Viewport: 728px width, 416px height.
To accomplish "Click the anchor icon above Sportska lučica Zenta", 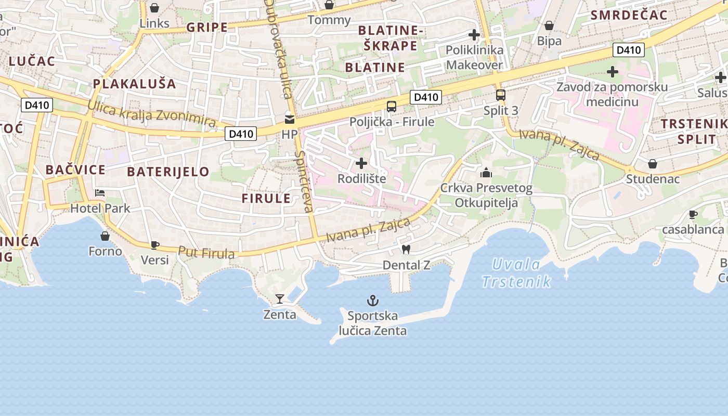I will [x=372, y=301].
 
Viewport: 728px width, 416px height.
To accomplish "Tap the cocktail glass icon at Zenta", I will [x=280, y=299].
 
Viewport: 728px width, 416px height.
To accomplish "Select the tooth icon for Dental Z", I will [x=406, y=250].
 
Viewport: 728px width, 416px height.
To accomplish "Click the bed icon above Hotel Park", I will [x=100, y=193].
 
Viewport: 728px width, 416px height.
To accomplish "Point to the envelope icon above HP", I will [x=289, y=120].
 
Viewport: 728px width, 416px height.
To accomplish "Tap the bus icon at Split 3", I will [x=500, y=95].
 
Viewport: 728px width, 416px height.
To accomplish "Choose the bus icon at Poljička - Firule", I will [x=391, y=107].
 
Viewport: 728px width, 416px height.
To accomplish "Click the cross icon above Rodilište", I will [x=361, y=164].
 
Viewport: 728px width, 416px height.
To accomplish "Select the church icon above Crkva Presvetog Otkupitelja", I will [x=486, y=173].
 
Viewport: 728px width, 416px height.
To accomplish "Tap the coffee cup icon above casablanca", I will [x=693, y=214].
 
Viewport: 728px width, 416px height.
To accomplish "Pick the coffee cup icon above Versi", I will [x=154, y=244].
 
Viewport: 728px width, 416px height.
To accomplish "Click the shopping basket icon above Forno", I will [x=105, y=237].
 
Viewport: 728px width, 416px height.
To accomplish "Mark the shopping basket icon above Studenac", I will [x=652, y=164].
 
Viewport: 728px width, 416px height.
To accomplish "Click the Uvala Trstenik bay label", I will [x=516, y=273].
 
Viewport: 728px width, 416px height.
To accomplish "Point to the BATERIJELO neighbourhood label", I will [x=168, y=172].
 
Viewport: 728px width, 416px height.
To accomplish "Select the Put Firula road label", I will [x=206, y=253].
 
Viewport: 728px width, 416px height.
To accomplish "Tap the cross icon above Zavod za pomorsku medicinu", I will [x=613, y=71].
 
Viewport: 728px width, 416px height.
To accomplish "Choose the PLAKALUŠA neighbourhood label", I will [x=134, y=84].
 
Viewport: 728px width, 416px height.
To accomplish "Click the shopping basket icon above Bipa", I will [x=549, y=25].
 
